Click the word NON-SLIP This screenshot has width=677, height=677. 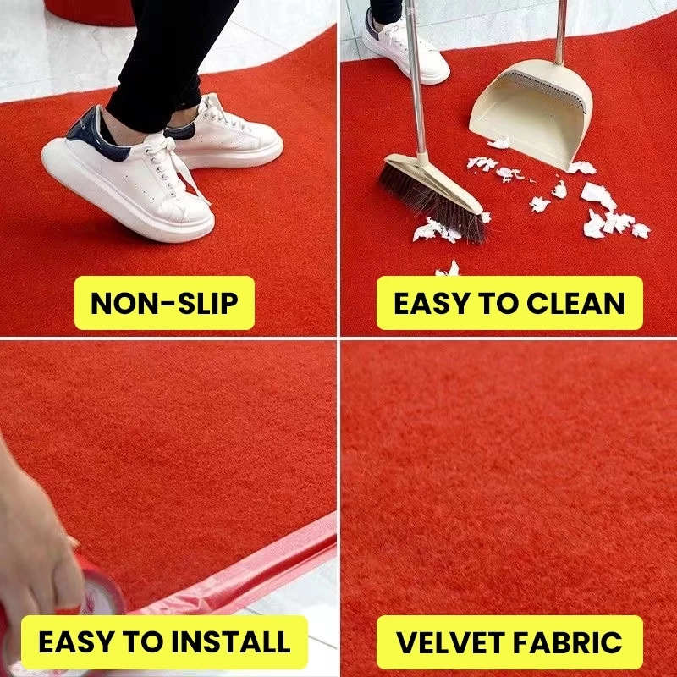pos(164,303)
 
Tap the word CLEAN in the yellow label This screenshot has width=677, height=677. pos(575,303)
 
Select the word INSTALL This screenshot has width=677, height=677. pos(231,642)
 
